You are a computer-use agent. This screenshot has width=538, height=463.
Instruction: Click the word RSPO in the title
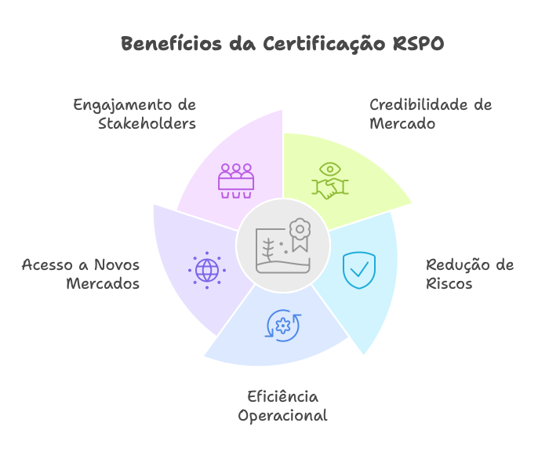tap(417, 44)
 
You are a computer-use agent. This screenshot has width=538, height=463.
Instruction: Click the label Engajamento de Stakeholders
tap(135, 115)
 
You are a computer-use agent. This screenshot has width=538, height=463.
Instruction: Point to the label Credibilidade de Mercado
tap(430, 115)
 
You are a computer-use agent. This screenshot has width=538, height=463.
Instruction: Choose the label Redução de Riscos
tap(469, 274)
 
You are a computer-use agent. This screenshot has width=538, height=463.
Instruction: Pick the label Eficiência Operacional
tap(282, 406)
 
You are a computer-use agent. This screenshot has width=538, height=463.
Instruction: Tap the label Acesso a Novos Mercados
tap(81, 274)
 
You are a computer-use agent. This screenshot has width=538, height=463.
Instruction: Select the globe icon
tap(207, 270)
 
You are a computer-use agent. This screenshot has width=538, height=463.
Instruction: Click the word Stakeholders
tap(147, 124)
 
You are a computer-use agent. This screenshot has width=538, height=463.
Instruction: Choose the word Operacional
tap(282, 416)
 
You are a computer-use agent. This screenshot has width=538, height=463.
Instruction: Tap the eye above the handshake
tap(330, 169)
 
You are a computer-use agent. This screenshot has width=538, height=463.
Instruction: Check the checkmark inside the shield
tap(359, 270)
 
